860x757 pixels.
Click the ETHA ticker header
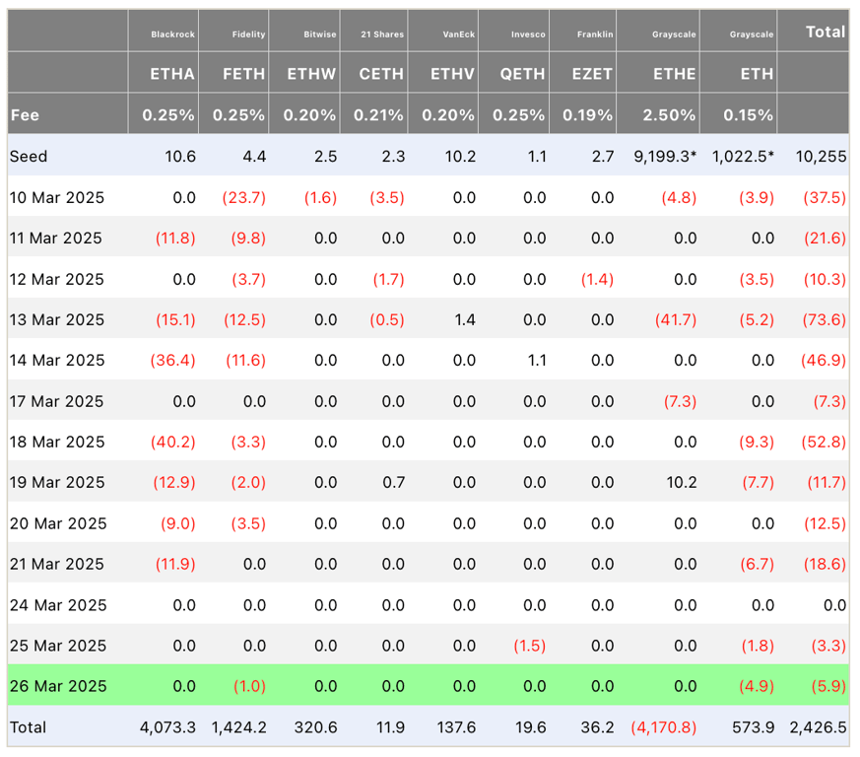(x=172, y=73)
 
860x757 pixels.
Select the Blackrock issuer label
(x=172, y=34)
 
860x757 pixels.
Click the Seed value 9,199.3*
(x=660, y=156)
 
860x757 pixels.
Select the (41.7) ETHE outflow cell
(x=675, y=319)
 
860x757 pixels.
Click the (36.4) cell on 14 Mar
(x=172, y=361)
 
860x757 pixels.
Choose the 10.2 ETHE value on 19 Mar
(x=681, y=482)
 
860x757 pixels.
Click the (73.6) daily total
(x=825, y=319)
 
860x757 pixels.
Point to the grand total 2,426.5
(x=818, y=727)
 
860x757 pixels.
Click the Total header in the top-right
(x=825, y=32)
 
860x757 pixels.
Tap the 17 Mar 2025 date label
(x=56, y=401)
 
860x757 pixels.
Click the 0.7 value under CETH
(x=395, y=482)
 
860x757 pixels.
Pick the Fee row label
(x=25, y=114)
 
